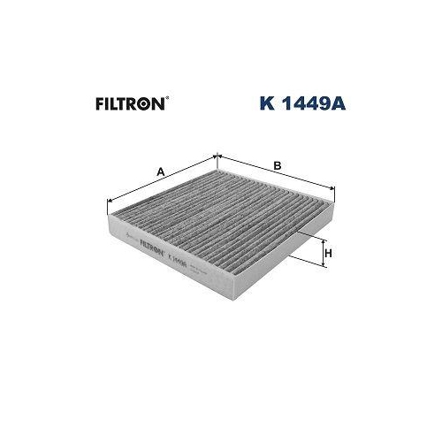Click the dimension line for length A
161,181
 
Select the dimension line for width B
276,173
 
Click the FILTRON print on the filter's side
149,252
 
